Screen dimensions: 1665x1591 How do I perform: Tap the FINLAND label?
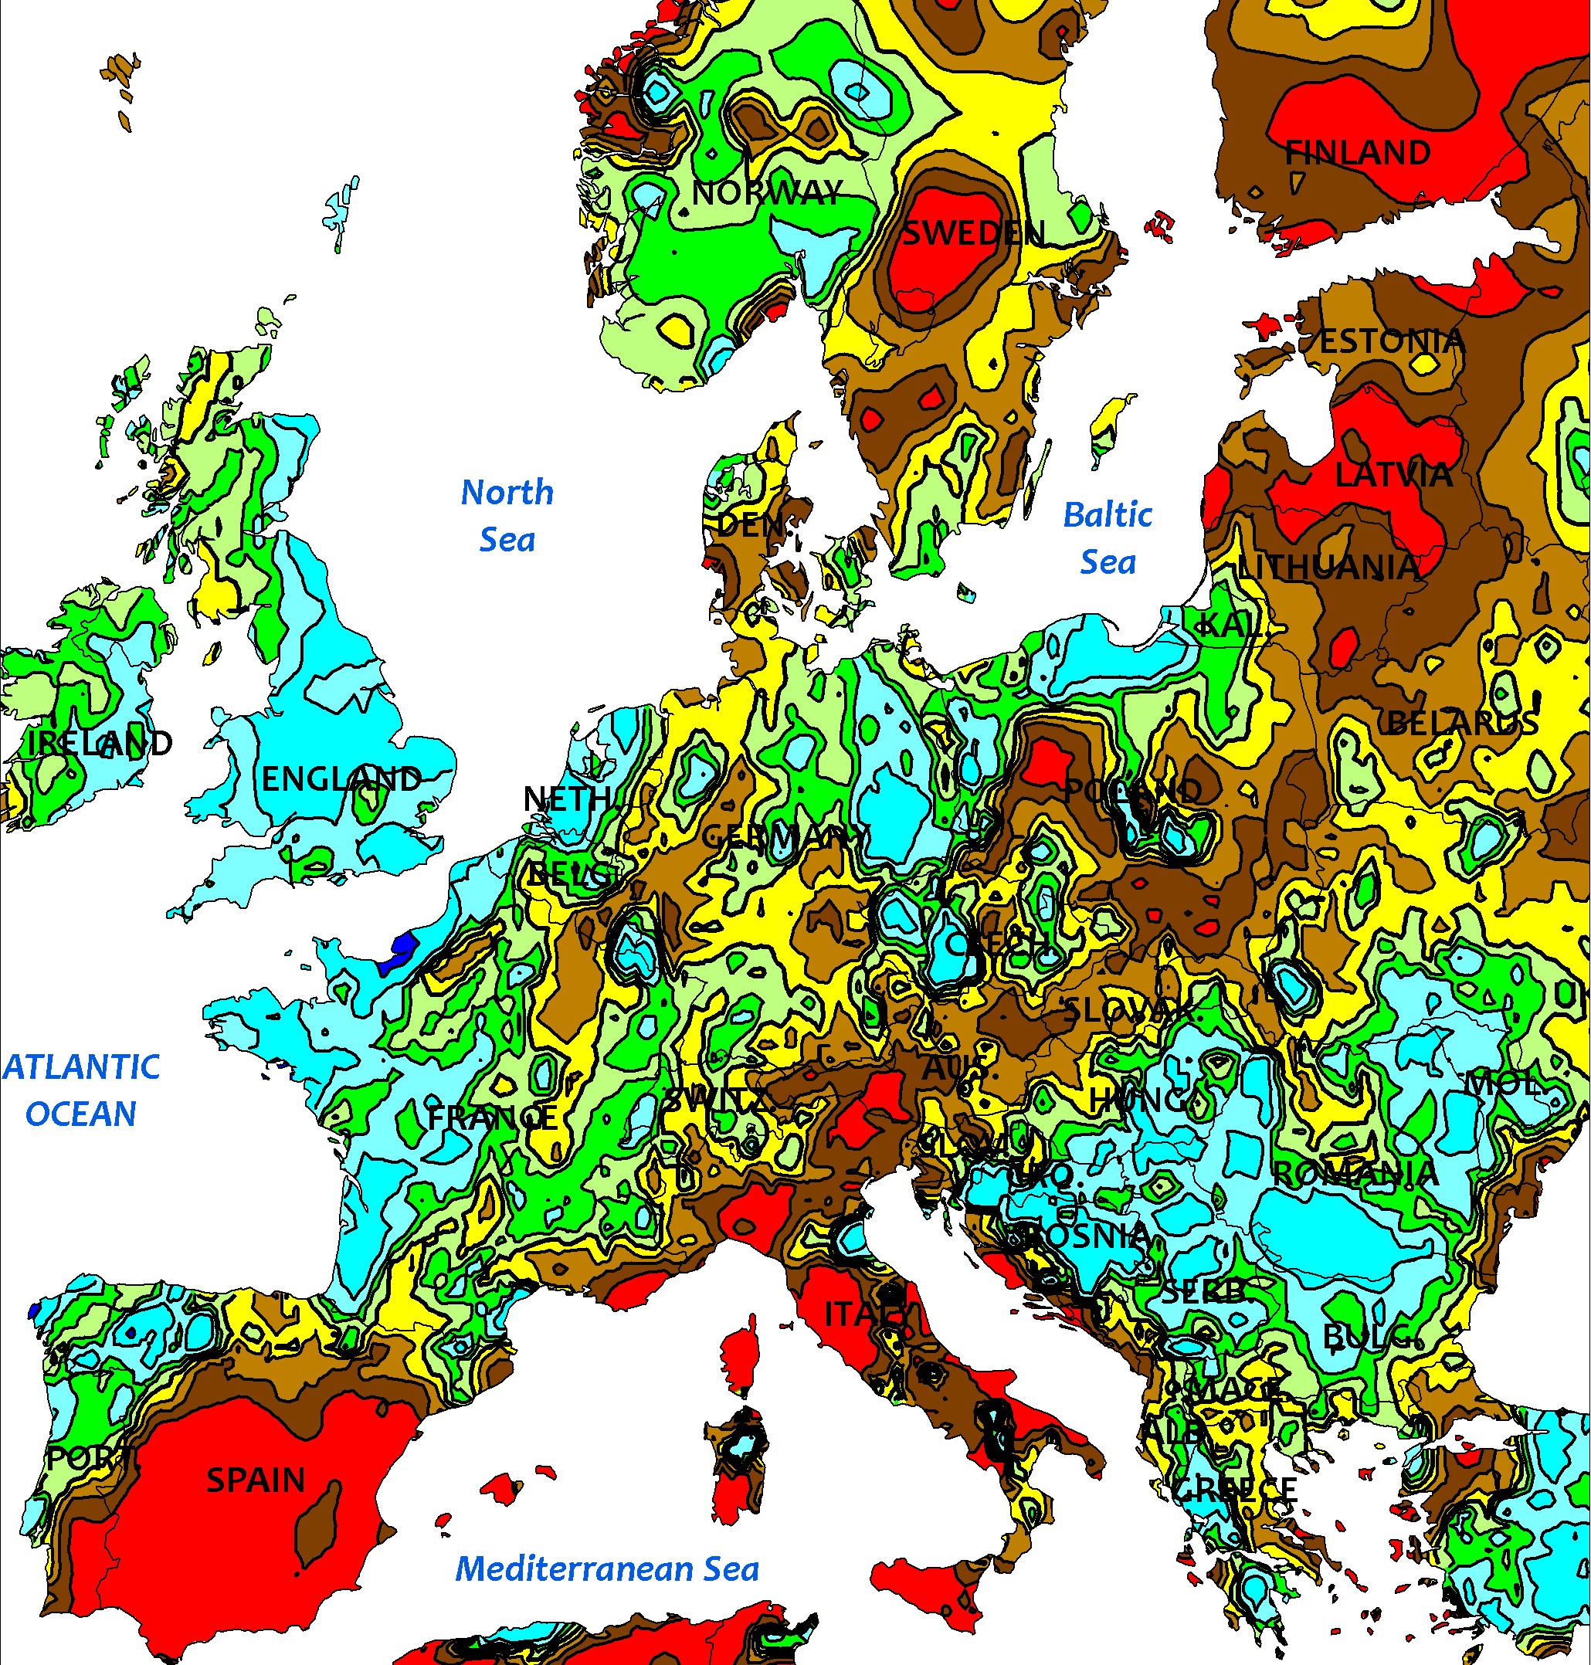tap(1358, 154)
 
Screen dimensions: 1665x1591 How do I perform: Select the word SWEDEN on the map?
tap(972, 232)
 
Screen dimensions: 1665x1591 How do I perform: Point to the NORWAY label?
tap(768, 193)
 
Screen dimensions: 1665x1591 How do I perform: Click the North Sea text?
tap(507, 515)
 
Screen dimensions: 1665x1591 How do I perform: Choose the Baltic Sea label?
tap(1108, 537)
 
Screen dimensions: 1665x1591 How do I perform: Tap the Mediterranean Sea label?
tap(607, 1568)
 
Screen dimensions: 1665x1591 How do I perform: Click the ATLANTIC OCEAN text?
tap(81, 1090)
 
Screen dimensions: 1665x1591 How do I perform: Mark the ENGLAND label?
tap(341, 778)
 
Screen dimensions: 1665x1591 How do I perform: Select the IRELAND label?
tap(100, 743)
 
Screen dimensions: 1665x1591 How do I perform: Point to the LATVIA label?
tap(1393, 475)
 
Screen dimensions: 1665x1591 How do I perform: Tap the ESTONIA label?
tap(1393, 342)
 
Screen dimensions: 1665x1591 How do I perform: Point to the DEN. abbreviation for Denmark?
tap(750, 526)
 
